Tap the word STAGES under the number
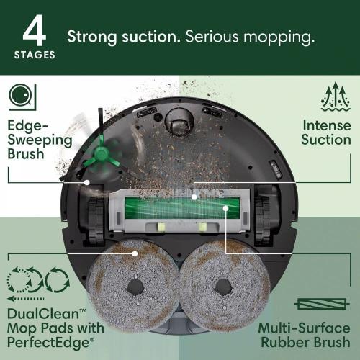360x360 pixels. pos(34,55)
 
